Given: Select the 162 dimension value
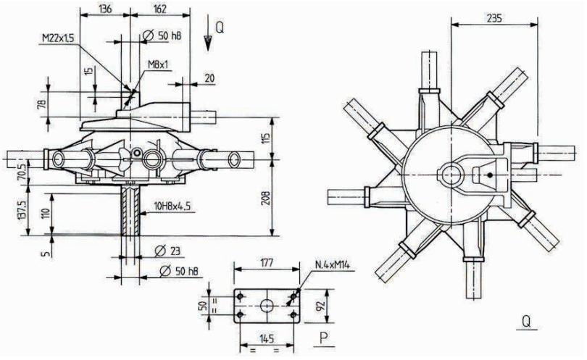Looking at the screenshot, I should (159, 9).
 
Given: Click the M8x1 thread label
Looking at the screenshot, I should (159, 64).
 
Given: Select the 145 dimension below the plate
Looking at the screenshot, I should (265, 338).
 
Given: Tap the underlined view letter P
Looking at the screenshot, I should (321, 337).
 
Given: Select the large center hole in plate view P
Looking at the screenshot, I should (265, 304).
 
